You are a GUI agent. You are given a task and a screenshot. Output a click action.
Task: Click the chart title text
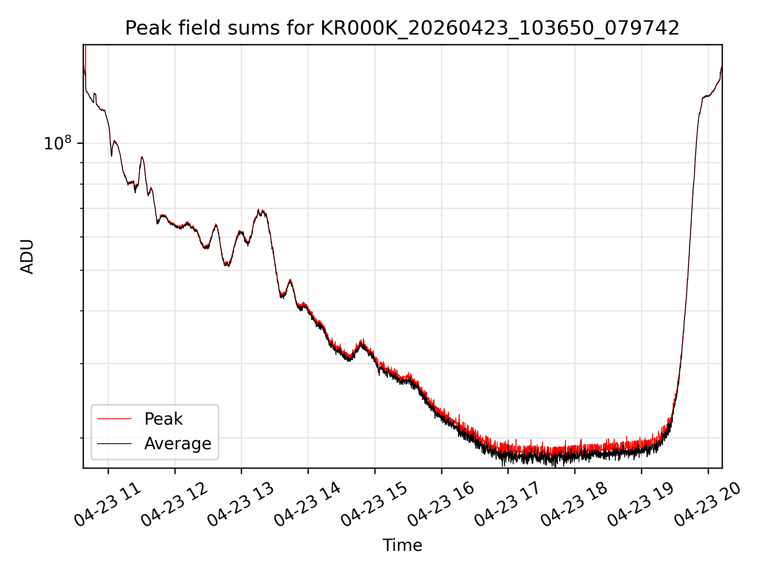pyautogui.click(x=402, y=28)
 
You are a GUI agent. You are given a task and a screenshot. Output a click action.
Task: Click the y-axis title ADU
pyautogui.click(x=27, y=257)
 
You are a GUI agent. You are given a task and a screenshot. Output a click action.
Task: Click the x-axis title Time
pyautogui.click(x=402, y=545)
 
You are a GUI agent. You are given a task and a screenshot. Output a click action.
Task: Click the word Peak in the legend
pyautogui.click(x=163, y=419)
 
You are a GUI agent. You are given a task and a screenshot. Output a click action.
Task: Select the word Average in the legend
pyautogui.click(x=178, y=444)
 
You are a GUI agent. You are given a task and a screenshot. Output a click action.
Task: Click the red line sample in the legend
pyautogui.click(x=114, y=419)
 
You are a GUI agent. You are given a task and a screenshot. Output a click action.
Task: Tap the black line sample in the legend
pyautogui.click(x=114, y=443)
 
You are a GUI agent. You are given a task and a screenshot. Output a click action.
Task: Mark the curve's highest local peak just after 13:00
pyautogui.click(x=258, y=209)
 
